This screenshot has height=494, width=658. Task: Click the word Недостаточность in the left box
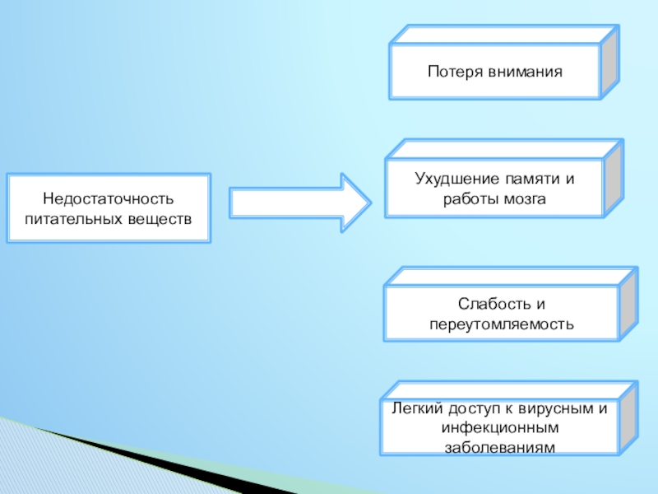pos(109,200)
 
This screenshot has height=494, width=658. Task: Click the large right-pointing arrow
pos(300,202)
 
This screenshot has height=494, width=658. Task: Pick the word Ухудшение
pos(446,179)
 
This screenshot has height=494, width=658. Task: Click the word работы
pos(468,198)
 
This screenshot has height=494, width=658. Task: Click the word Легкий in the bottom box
pos(417,409)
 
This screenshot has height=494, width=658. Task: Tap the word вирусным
pos(554,409)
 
